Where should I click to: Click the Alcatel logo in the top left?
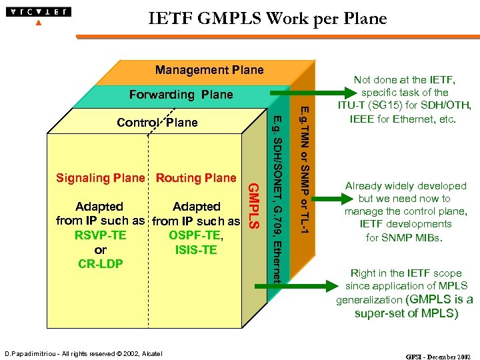point(38,13)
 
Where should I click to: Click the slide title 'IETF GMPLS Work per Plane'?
point(267,19)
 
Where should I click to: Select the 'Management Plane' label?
point(209,70)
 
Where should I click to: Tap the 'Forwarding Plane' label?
point(181,95)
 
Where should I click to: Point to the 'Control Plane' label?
point(157,123)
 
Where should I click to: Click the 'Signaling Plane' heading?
point(100,178)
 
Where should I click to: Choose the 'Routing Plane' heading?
point(196,178)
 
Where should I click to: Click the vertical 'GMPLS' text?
point(253,206)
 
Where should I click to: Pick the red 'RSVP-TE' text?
point(101,235)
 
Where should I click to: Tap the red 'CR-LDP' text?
point(101,264)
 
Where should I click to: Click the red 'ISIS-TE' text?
point(196,250)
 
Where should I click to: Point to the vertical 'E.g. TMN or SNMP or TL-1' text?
point(303,169)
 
